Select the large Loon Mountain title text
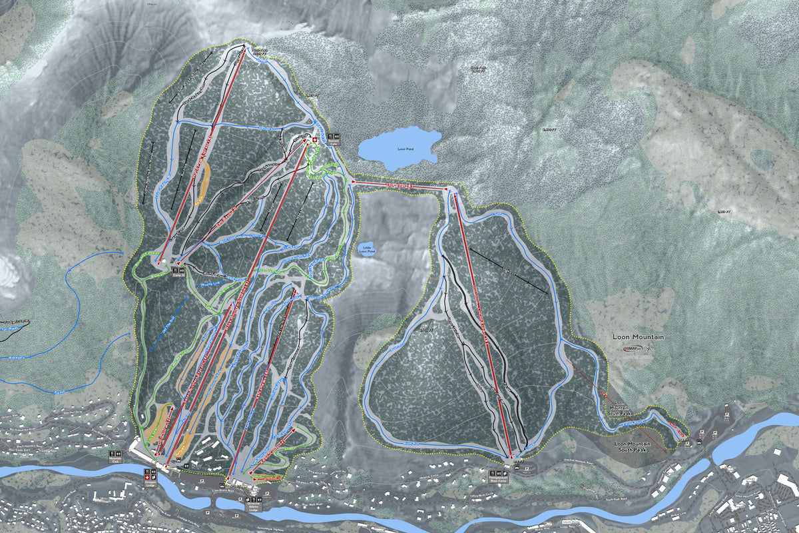coord(638,337)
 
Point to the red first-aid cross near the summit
coord(316,140)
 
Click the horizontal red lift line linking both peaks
coord(400,185)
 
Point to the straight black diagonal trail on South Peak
coord(509,270)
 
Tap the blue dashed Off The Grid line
coord(164,326)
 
